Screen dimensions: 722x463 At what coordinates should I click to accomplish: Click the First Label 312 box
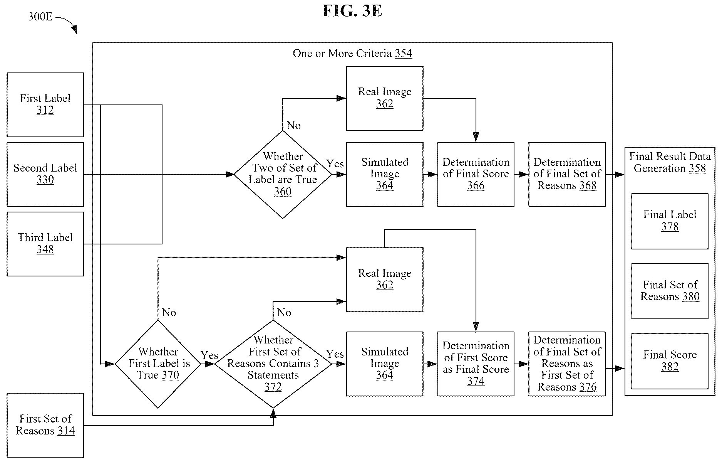45,105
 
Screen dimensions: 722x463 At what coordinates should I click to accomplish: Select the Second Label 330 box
45,175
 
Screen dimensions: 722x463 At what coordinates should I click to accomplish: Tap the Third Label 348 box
45,244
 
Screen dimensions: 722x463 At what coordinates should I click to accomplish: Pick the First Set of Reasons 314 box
45,425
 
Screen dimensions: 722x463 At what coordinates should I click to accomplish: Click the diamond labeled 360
283,175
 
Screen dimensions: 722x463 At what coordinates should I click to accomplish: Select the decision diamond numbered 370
158,364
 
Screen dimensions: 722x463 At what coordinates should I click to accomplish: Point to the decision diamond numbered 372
273,364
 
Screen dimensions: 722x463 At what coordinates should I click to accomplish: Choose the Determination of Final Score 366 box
476,175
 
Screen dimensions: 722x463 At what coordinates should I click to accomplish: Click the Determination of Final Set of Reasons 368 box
567,175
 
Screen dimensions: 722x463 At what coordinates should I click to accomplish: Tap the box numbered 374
476,364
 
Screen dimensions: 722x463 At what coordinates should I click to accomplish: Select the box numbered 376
567,364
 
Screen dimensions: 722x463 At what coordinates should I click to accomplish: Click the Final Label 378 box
670,221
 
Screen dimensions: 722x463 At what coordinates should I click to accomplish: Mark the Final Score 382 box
670,361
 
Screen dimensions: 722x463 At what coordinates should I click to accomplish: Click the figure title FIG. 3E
352,11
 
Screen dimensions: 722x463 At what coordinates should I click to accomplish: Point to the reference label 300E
40,17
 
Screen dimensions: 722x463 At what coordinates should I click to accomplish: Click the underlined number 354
404,54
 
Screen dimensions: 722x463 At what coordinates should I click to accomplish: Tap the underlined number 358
697,168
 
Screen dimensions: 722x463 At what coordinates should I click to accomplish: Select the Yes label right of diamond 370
209,355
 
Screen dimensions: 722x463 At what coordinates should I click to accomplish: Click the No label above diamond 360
293,125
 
